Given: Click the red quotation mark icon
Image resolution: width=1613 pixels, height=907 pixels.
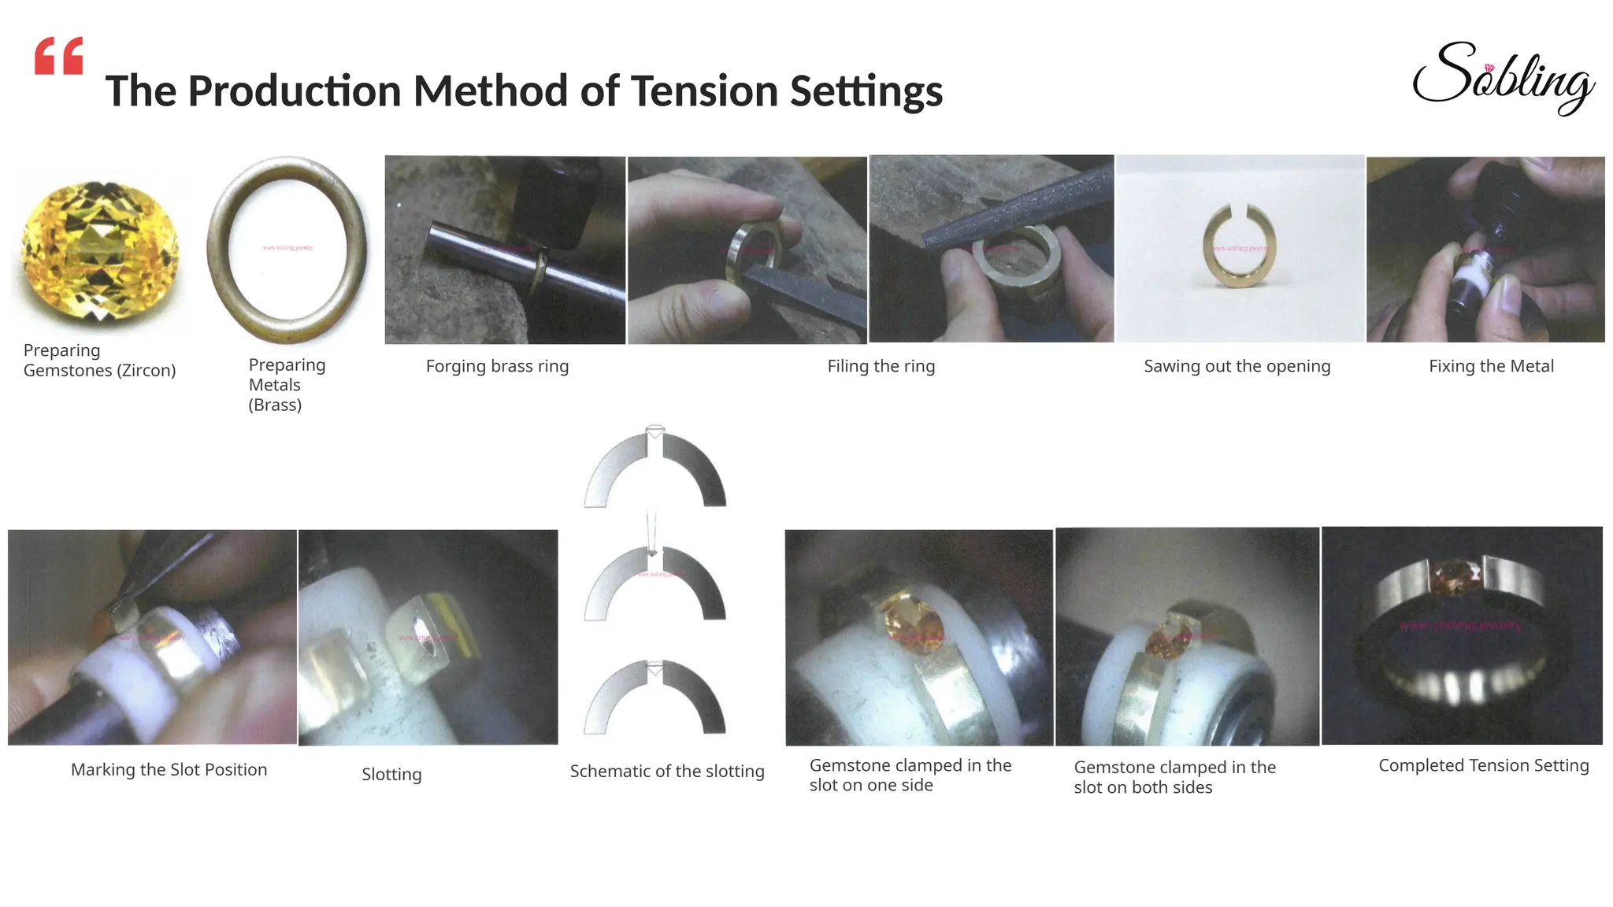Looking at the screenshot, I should tap(58, 56).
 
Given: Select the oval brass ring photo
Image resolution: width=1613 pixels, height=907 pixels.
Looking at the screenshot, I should tap(287, 249).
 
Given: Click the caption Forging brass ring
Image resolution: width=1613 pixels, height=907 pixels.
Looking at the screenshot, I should tap(497, 366).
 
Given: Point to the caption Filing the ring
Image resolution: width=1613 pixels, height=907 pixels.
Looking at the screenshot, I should tap(881, 366).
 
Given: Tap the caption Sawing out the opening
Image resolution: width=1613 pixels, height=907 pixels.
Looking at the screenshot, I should tap(1237, 366).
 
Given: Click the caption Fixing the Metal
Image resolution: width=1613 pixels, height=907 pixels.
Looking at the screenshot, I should tap(1491, 366).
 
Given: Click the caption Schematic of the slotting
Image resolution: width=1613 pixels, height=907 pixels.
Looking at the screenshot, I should tap(667, 772).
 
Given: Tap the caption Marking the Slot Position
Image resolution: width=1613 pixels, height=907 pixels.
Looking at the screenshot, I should tap(169, 770).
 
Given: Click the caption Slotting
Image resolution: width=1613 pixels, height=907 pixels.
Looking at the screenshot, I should tap(391, 775).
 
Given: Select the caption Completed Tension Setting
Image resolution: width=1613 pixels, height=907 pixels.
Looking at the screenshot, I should tap(1483, 766).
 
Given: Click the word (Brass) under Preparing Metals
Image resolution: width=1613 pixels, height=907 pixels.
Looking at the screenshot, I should tap(275, 405).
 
